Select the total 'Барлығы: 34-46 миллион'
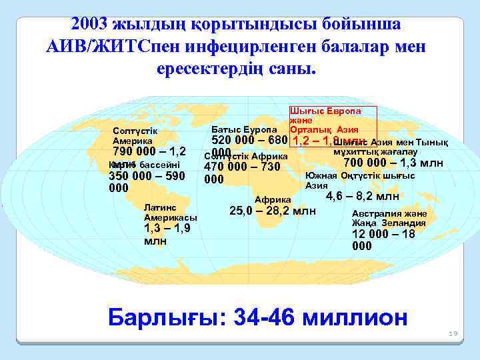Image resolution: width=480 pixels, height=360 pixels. (257, 317)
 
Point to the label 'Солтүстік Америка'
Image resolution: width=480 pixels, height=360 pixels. (133, 136)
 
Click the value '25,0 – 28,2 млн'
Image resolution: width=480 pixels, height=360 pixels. (273, 211)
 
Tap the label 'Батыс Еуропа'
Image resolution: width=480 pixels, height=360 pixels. (243, 128)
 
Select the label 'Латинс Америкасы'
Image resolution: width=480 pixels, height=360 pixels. (170, 213)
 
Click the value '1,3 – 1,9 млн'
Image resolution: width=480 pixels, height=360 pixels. (167, 234)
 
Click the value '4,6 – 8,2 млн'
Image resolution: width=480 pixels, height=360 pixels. (362, 196)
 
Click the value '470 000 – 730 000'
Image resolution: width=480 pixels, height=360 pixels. (241, 173)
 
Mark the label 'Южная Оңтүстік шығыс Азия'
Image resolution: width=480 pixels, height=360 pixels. (359, 181)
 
